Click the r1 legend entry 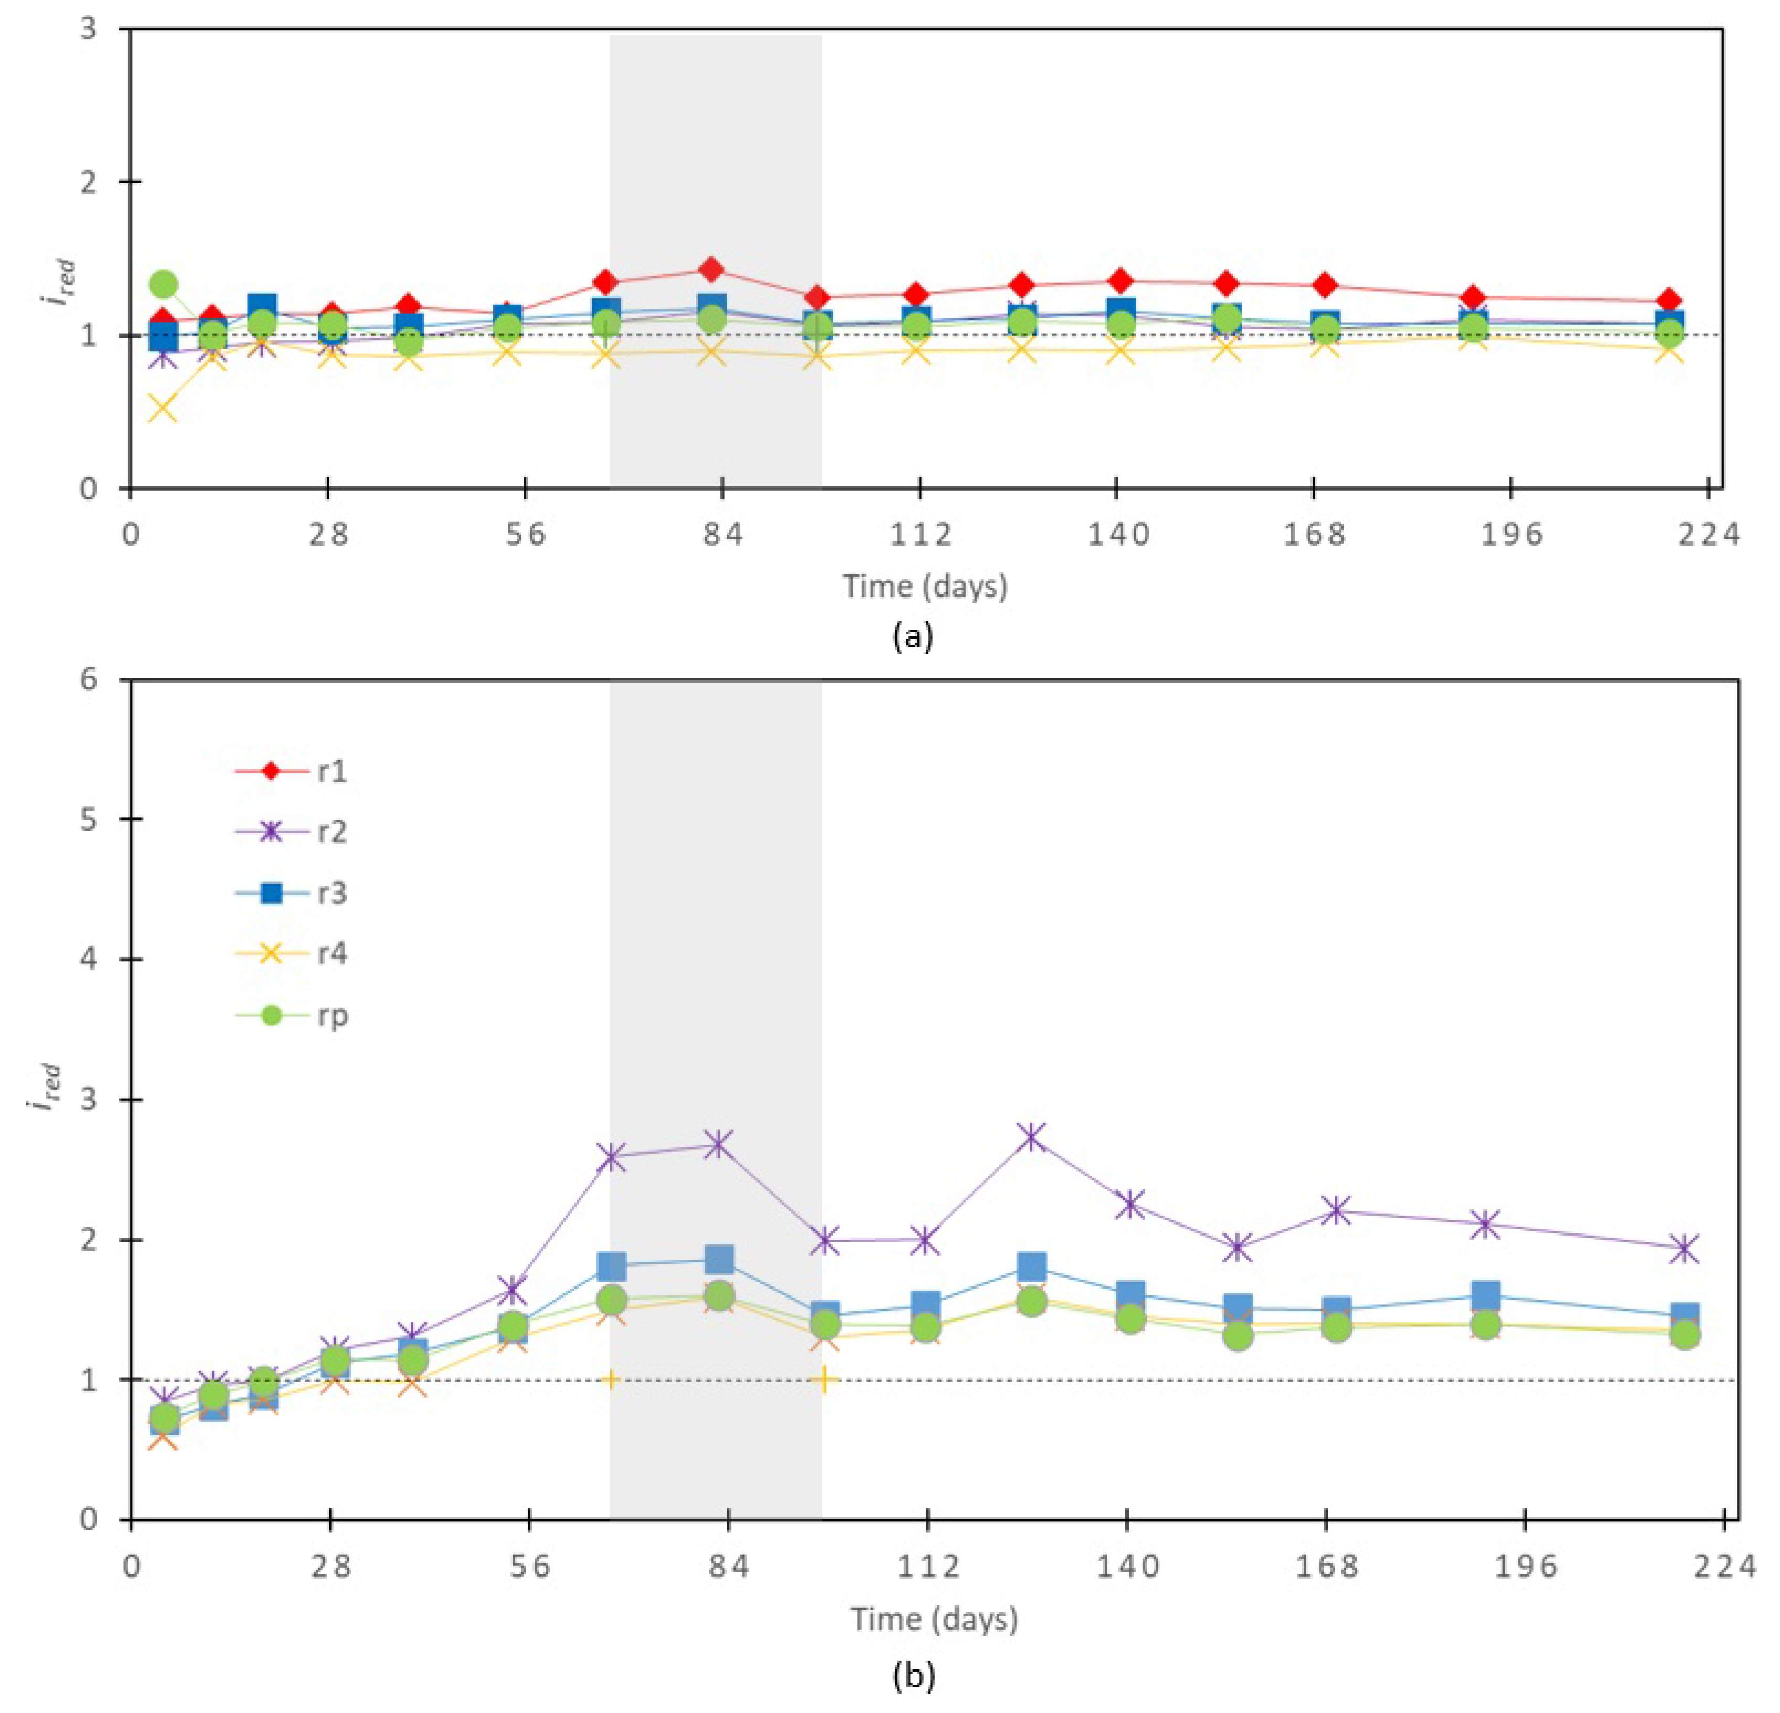pyautogui.click(x=291, y=771)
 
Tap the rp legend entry pyautogui.click(x=291, y=1015)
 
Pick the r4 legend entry pyautogui.click(x=291, y=954)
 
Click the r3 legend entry pyautogui.click(x=291, y=893)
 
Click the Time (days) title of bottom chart pyautogui.click(x=934, y=1619)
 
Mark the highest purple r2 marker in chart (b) pyautogui.click(x=1032, y=1136)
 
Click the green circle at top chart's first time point pyautogui.click(x=164, y=284)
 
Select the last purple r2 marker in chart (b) pyautogui.click(x=1685, y=1249)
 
